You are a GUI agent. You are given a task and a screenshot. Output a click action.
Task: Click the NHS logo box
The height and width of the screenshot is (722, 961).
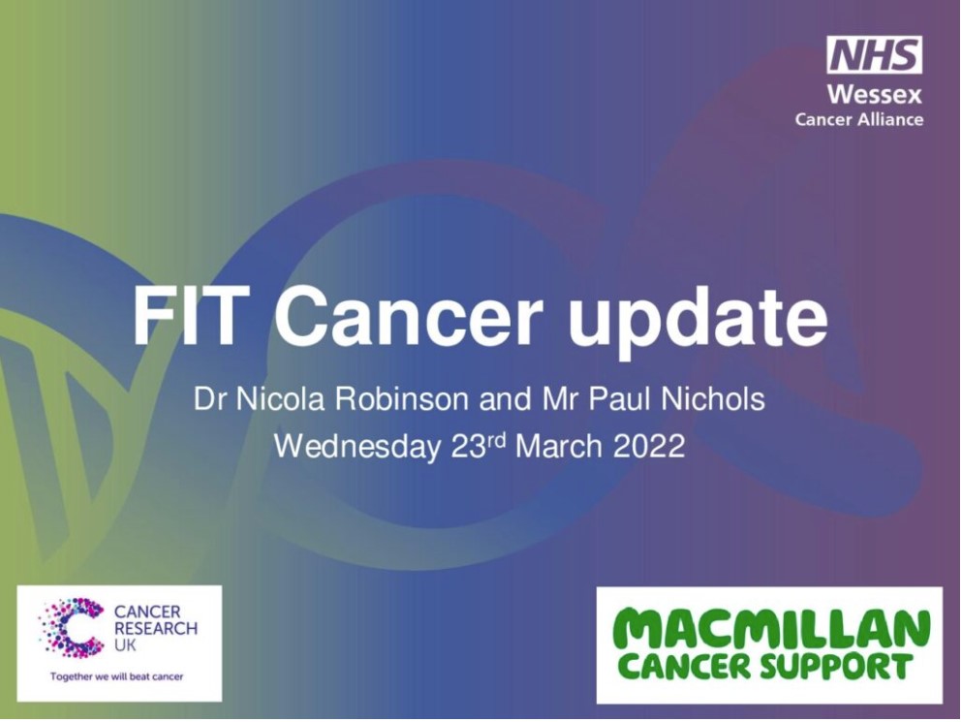874,54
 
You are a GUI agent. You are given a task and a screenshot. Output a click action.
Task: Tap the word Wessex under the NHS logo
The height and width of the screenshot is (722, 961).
875,94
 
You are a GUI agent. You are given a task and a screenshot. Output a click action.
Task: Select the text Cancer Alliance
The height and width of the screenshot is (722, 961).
859,119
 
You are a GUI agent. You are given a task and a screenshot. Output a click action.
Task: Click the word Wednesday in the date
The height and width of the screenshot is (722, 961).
357,446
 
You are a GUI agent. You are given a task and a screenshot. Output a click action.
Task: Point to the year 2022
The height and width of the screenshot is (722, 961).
649,446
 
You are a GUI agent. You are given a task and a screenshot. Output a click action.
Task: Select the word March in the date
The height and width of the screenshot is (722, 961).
559,446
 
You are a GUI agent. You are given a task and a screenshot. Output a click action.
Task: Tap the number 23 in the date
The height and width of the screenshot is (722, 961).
469,446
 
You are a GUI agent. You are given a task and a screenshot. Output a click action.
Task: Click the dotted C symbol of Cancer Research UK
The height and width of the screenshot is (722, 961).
72,628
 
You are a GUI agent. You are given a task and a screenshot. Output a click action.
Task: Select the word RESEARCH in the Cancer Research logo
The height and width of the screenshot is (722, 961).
156,628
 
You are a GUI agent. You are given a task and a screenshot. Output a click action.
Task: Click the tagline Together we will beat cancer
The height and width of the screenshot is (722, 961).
116,676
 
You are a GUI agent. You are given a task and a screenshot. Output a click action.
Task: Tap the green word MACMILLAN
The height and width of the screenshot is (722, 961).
769,629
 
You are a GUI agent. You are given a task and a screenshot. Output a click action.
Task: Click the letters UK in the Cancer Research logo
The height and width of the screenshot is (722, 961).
125,644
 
